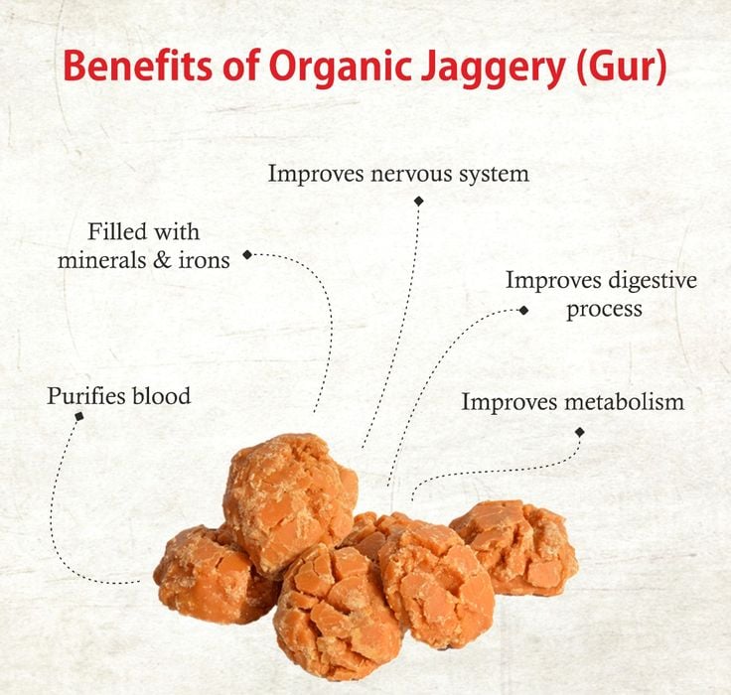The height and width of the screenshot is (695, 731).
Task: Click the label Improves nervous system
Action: [x=398, y=174]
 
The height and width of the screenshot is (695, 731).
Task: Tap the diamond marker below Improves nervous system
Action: [x=418, y=201]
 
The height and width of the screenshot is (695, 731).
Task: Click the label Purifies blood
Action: [x=118, y=396]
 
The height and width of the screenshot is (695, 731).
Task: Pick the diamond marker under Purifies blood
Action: [x=79, y=416]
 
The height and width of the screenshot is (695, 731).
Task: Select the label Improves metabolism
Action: [x=573, y=402]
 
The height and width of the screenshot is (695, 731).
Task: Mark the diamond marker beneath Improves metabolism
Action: [x=580, y=432]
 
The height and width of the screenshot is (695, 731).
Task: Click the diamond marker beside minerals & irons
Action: [x=247, y=255]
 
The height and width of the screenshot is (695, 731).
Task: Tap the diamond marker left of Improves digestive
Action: [x=524, y=310]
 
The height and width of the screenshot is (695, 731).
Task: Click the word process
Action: [x=604, y=309]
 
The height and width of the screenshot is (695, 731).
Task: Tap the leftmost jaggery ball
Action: [x=204, y=574]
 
